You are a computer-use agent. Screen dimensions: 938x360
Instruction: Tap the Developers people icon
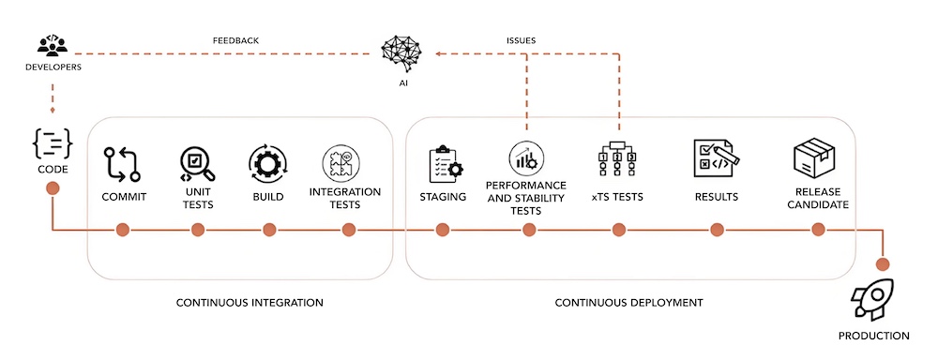(53, 45)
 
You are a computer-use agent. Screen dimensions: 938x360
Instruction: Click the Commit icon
(122, 163)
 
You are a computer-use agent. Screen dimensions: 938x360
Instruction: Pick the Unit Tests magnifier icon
(198, 164)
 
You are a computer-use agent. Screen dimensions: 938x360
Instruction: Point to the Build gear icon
(268, 163)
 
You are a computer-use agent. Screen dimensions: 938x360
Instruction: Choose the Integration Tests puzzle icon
(340, 163)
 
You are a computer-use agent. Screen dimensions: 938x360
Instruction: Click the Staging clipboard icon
(446, 163)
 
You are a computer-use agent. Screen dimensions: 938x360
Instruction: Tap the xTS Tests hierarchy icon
(617, 160)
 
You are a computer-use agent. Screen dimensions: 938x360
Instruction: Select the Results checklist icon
(716, 158)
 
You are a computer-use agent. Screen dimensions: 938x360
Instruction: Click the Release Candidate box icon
(813, 157)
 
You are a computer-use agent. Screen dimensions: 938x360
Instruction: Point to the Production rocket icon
(873, 298)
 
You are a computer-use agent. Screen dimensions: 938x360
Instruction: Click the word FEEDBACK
(235, 40)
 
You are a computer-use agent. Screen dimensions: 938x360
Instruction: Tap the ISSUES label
(521, 40)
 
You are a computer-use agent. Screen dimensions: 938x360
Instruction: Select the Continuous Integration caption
(250, 303)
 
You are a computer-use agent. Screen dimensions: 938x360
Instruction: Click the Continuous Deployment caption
(628, 303)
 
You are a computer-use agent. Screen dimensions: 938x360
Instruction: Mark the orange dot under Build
(269, 230)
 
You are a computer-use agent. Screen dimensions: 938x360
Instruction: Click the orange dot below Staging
(442, 230)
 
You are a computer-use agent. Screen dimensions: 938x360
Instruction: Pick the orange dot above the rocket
(883, 264)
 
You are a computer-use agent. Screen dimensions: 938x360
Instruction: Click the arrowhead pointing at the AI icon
(438, 54)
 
